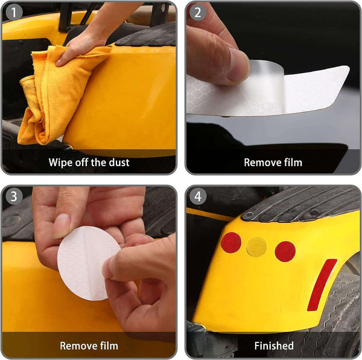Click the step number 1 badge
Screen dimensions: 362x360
click(14, 12)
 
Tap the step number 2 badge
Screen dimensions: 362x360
click(198, 12)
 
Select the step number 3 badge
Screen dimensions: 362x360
click(14, 196)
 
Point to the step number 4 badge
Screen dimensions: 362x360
click(198, 196)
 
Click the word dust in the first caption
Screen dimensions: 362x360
click(119, 162)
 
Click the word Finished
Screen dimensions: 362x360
click(274, 346)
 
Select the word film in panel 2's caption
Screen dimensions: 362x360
click(293, 162)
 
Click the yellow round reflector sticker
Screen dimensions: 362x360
click(256, 247)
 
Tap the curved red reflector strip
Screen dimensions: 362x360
click(322, 284)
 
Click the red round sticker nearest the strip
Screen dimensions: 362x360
click(285, 251)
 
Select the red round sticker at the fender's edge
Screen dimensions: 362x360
click(231, 243)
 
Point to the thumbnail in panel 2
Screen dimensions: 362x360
click(238, 66)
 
